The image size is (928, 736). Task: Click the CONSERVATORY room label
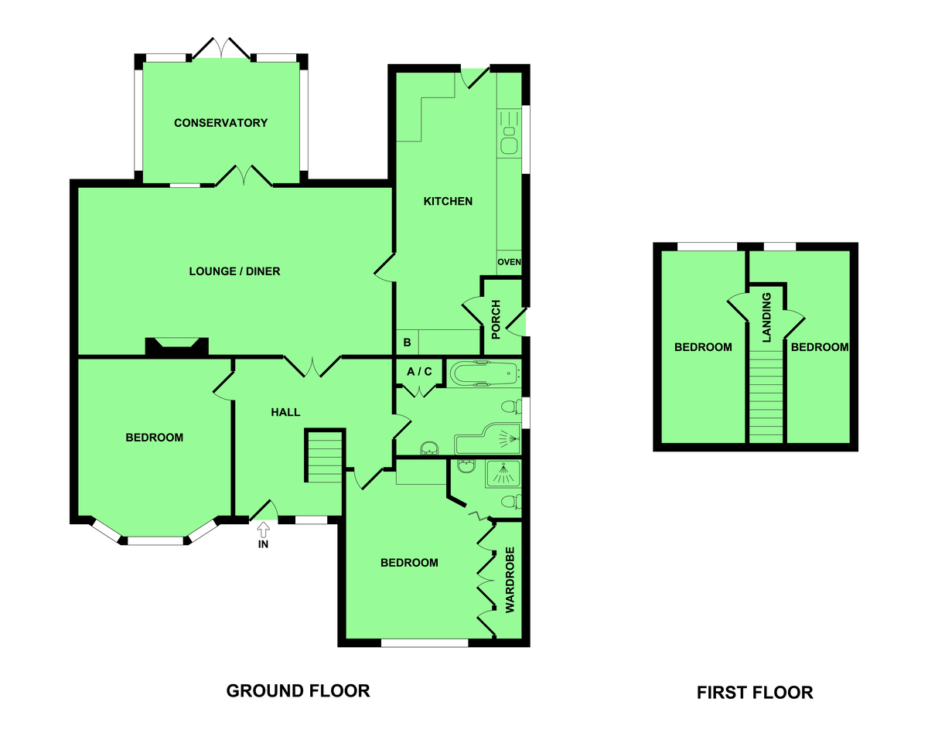coord(221,123)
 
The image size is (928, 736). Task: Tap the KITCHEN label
coord(448,201)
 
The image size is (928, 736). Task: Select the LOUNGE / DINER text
coord(234,271)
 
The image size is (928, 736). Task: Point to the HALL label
coord(285,413)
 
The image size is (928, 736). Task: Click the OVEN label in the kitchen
coord(509,262)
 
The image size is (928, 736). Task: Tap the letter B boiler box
coord(407,342)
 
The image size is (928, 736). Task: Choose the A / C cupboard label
coord(419,372)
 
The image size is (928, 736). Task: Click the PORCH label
coord(496,319)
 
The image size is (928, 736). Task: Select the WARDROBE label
coord(510,580)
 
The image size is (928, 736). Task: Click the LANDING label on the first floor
coord(766,318)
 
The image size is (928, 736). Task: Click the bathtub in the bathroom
coord(483,373)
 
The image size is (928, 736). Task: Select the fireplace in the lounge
coord(177,346)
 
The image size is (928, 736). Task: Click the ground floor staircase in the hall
coord(325,457)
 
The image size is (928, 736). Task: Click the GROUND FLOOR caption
coord(298,690)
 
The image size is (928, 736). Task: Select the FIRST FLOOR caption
coord(755,693)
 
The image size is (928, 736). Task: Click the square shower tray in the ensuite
coord(503,474)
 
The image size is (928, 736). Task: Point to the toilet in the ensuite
coord(511,502)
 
